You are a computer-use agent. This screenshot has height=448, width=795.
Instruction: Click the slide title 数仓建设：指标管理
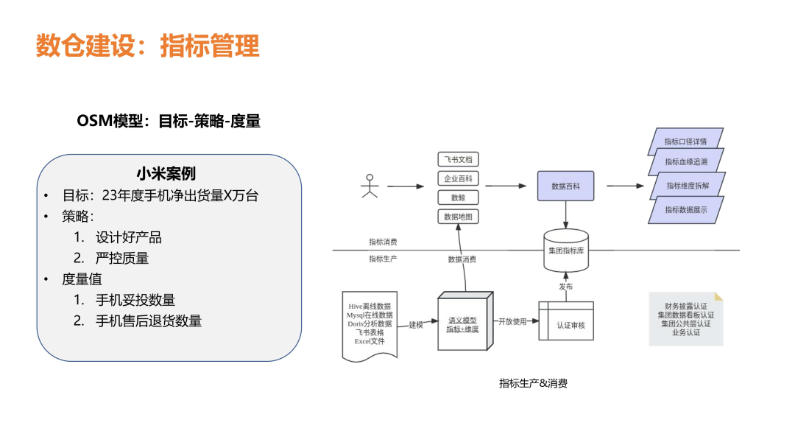[147, 46]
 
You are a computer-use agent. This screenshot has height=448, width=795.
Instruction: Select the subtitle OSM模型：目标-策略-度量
[169, 121]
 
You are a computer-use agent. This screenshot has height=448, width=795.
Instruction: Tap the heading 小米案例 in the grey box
[166, 174]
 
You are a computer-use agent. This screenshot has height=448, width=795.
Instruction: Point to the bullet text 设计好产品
[129, 237]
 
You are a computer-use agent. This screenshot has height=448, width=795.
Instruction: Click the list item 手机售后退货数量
[149, 321]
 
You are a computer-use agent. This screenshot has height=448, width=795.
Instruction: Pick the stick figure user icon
[370, 186]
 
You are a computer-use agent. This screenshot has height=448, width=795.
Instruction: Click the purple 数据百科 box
[565, 186]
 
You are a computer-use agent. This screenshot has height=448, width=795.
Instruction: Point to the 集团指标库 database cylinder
[565, 250]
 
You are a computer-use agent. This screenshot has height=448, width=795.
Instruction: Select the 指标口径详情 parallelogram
[685, 141]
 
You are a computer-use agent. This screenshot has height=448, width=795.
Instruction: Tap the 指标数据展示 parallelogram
[685, 210]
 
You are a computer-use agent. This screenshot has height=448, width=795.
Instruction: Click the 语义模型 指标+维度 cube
[464, 324]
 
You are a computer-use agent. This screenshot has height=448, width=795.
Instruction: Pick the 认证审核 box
[565, 323]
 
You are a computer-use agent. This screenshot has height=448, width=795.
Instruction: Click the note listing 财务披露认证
[685, 319]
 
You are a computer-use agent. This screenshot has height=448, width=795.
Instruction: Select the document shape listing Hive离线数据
[370, 324]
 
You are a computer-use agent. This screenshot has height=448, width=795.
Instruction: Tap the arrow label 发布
[565, 286]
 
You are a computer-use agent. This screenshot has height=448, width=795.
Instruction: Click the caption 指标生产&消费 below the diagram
[533, 383]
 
